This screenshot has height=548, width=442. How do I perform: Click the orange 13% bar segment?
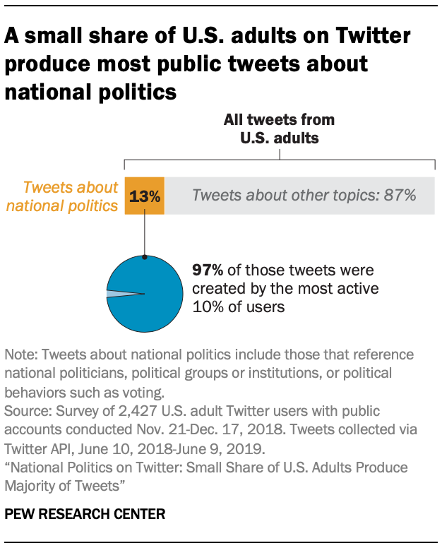[x=144, y=196]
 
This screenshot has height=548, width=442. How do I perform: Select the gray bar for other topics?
[x=299, y=196]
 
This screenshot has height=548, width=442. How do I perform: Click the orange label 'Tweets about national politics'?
[x=71, y=196]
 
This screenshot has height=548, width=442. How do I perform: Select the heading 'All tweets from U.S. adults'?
[x=279, y=129]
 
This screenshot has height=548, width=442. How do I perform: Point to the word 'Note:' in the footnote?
[x=20, y=355]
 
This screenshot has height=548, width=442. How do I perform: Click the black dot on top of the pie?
[x=144, y=258]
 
